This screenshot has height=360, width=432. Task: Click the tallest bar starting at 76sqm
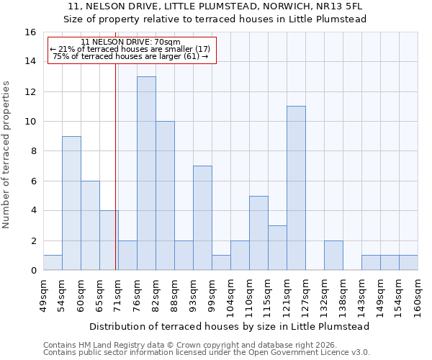tap(146, 174)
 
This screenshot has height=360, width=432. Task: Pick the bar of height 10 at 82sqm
tap(165, 196)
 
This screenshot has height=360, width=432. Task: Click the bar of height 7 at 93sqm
tap(202, 218)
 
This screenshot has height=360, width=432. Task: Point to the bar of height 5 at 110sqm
tap(258, 233)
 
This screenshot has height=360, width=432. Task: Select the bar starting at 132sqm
tap(333, 256)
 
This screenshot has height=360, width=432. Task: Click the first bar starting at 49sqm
tap(53, 263)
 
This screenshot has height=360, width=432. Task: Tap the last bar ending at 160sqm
tap(408, 263)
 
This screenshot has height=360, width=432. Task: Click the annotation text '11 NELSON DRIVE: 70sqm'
tap(131, 42)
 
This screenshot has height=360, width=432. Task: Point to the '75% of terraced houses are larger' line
tap(131, 56)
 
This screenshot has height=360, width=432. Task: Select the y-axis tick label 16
tap(31, 32)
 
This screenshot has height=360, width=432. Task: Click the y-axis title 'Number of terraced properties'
tap(7, 154)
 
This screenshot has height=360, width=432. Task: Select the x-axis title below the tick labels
tap(230, 326)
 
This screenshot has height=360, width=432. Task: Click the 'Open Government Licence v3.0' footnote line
tap(206, 353)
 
